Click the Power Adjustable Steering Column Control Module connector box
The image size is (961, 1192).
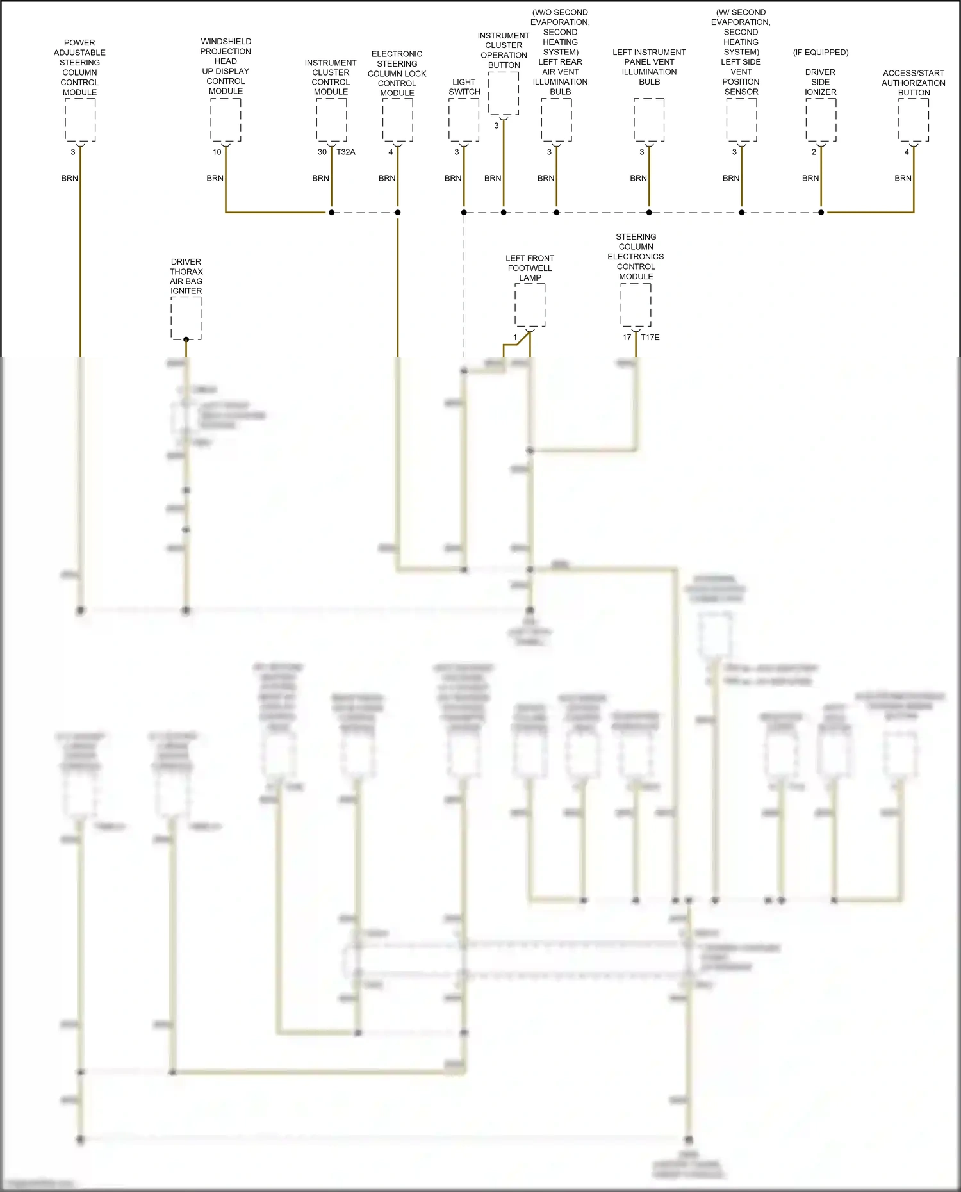coord(80,120)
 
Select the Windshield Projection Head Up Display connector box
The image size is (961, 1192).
coord(226,120)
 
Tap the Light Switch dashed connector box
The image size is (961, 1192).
coord(464,120)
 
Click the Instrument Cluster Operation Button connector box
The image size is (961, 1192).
coord(504,94)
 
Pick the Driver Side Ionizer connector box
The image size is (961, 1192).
coord(821,120)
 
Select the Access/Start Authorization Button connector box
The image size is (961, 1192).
coord(914,120)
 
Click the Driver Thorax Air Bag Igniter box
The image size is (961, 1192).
coord(186,318)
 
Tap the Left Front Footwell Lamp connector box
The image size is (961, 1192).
coord(530,306)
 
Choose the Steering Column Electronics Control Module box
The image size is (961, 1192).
coord(636,305)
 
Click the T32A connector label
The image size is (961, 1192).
coord(346,152)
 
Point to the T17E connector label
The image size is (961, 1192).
coord(650,338)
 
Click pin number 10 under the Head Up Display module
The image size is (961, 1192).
coord(217,152)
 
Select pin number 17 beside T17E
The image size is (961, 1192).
coord(627,338)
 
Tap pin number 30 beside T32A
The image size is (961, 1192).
coord(322,152)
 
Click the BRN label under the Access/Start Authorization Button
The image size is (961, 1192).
coord(903,178)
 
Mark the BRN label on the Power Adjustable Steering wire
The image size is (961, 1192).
coord(69,178)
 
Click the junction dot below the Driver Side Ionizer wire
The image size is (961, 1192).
coord(821,212)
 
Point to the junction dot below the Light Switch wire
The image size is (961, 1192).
coord(464,212)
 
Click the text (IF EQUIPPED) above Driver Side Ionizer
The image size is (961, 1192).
coord(821,53)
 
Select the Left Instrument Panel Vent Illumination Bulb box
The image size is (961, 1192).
coord(649,120)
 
